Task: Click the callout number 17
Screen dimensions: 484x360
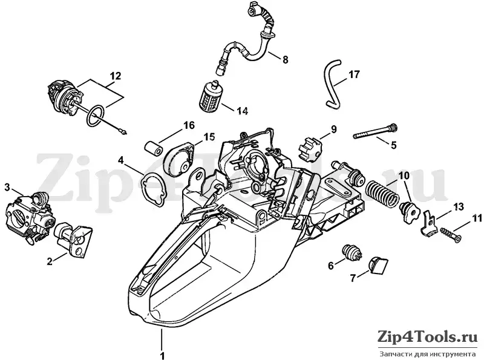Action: click(x=354, y=74)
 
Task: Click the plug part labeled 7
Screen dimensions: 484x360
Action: click(x=378, y=265)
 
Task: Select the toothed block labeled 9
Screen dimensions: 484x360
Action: click(x=309, y=149)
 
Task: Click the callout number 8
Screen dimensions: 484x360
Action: click(x=285, y=59)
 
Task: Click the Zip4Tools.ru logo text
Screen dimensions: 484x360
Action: click(x=428, y=337)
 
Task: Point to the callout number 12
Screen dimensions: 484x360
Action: click(x=115, y=76)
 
